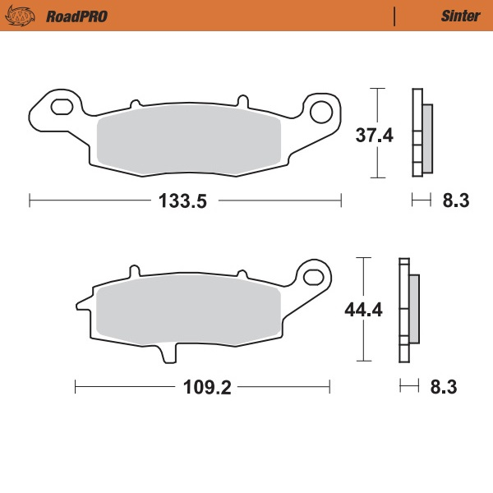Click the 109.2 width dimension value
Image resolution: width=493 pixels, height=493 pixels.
202,385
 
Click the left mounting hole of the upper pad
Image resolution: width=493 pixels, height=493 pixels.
62,107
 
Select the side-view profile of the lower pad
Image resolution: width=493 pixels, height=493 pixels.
408,310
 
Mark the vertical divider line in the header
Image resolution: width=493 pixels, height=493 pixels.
395,16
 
